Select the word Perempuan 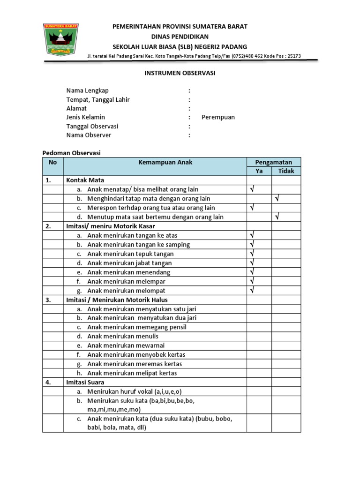[218, 117]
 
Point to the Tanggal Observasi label [92, 126]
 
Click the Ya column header [259, 171]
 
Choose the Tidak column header [286, 171]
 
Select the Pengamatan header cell [273, 162]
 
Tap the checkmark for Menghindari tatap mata [277, 199]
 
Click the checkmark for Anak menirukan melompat [252, 291]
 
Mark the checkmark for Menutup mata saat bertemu [277, 217]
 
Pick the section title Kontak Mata [85, 180]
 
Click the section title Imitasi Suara [85, 382]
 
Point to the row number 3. [48, 300]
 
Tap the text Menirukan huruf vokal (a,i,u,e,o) [135, 391]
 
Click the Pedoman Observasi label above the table [72, 153]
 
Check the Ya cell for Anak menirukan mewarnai [259, 345]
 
